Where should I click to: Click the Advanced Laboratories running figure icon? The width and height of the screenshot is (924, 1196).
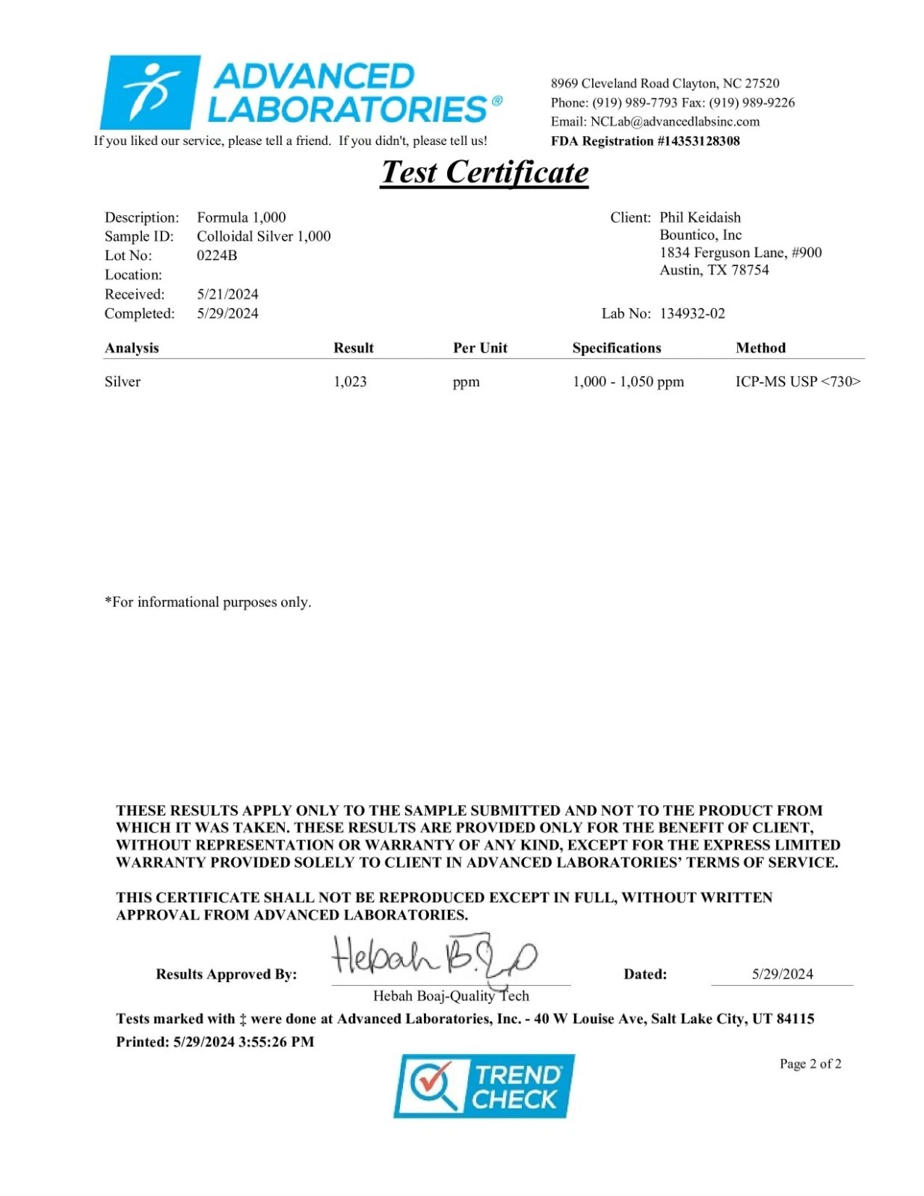click(x=150, y=92)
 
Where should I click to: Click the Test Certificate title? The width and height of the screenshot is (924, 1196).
click(x=484, y=173)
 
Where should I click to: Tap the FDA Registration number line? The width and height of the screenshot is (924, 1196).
click(x=645, y=141)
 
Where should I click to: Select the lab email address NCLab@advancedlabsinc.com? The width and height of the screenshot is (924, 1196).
click(x=674, y=122)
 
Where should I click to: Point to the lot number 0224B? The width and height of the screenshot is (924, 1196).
click(x=217, y=256)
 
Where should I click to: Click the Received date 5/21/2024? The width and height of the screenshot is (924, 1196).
click(x=227, y=295)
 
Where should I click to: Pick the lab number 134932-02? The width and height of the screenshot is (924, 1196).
click(x=692, y=314)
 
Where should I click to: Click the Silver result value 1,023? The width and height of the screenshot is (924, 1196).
click(x=350, y=382)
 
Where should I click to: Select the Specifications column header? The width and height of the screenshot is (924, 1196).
click(x=617, y=348)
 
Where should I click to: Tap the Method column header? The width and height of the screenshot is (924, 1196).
click(x=760, y=348)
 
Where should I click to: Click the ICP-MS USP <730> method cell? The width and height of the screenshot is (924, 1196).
click(x=798, y=382)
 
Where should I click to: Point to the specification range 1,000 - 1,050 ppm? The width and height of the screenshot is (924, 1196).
click(x=628, y=382)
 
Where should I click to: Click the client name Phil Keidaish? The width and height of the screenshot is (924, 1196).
click(x=700, y=218)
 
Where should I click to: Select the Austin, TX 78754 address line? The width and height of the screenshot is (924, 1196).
click(x=714, y=271)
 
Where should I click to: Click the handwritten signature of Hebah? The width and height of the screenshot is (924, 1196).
click(x=434, y=957)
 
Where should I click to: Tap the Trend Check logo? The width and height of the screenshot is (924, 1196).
click(x=484, y=1086)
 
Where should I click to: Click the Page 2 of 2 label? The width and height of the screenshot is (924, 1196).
click(x=810, y=1064)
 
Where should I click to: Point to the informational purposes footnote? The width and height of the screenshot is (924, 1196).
click(x=208, y=602)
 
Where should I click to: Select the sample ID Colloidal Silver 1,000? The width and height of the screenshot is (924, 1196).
click(x=263, y=236)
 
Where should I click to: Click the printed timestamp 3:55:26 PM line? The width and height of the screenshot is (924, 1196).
click(x=215, y=1042)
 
